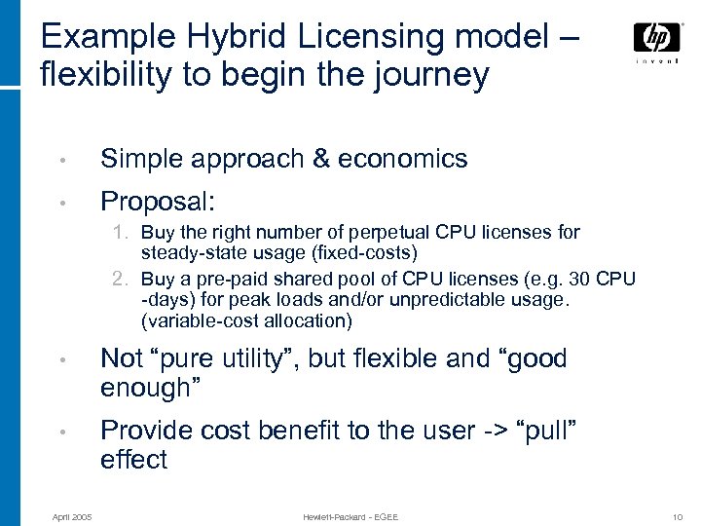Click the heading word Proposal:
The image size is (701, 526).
pyautogui.click(x=159, y=202)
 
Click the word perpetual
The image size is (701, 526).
pyautogui.click(x=394, y=233)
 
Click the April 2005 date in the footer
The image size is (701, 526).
pyautogui.click(x=72, y=515)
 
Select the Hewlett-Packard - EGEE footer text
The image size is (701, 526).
pyautogui.click(x=350, y=515)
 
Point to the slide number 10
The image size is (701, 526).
pyautogui.click(x=678, y=515)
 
